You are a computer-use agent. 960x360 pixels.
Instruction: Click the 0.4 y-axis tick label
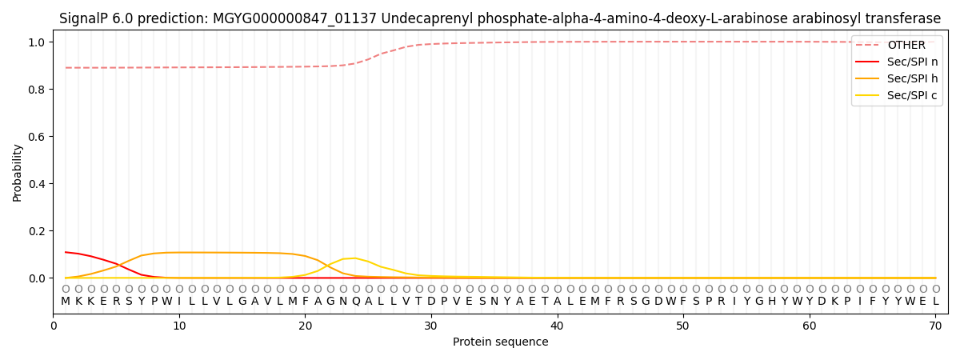37,184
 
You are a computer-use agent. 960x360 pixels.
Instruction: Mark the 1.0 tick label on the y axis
37,42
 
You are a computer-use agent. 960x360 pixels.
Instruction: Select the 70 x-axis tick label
935,326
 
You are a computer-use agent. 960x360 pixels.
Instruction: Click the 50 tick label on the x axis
683,326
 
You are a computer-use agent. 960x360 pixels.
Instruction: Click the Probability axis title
17,173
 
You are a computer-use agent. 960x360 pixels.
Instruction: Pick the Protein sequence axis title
501,342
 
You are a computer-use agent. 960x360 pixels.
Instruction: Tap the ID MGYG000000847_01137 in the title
294,19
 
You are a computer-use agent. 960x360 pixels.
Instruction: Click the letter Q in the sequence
356,302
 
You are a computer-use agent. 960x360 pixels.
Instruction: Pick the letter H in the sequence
772,301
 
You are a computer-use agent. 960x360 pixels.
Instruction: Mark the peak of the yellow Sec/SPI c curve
354,258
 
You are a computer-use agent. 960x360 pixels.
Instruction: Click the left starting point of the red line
66,252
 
